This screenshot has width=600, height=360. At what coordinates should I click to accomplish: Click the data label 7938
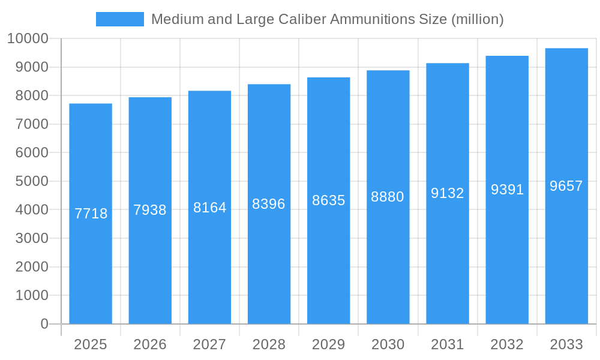pyautogui.click(x=150, y=210)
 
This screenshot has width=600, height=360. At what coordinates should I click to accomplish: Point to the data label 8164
pyautogui.click(x=210, y=208)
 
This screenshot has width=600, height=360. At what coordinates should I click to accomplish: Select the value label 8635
pyautogui.click(x=329, y=200)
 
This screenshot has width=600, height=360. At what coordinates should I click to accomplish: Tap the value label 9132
pyautogui.click(x=448, y=193)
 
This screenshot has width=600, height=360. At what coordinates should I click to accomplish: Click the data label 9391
pyautogui.click(x=508, y=190)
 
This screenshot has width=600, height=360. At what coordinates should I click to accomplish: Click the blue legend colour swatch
pyautogui.click(x=120, y=19)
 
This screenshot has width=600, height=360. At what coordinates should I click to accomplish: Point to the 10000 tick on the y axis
pyautogui.click(x=28, y=39)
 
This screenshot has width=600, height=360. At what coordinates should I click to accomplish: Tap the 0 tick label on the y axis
pyautogui.click(x=44, y=324)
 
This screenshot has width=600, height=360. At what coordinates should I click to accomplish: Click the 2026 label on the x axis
pyautogui.click(x=150, y=344)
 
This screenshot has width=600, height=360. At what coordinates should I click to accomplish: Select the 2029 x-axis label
pyautogui.click(x=329, y=344)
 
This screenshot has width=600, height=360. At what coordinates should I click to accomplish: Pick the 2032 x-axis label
pyautogui.click(x=507, y=344)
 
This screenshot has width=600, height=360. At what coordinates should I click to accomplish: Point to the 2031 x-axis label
pyautogui.click(x=448, y=344)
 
